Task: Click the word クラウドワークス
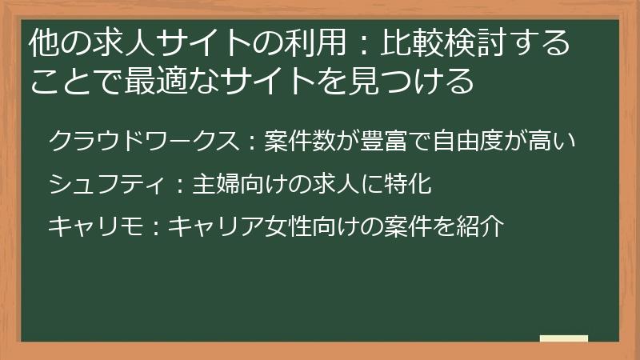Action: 142,142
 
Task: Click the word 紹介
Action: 485,226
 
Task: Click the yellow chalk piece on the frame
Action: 563,338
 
